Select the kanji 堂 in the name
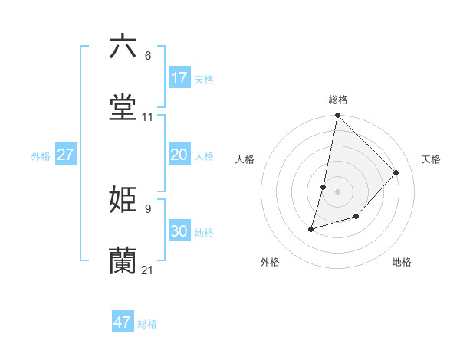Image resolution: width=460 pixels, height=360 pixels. point(123,107)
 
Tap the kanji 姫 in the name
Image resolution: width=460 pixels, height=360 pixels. point(123,199)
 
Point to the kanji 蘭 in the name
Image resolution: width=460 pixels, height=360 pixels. point(123,260)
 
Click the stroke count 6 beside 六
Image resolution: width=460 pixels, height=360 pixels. point(148,56)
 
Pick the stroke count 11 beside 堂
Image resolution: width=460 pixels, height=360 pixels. point(148,117)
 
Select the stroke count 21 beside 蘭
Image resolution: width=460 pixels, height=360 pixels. point(148,270)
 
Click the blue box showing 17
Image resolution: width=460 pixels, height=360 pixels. point(179,78)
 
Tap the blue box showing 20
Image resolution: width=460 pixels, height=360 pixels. point(179,155)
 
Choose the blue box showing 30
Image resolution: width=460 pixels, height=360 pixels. point(179,231)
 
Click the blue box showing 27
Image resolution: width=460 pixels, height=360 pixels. point(66,155)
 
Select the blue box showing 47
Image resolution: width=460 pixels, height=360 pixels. point(123,322)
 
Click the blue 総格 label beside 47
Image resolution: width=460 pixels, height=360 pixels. point(147,324)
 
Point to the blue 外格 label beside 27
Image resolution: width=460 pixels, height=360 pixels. point(41,156)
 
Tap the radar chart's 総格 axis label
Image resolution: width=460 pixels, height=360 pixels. point(338,100)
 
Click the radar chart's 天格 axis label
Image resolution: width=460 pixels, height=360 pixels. point(431,159)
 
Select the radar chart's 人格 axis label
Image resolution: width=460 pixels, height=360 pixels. point(245,159)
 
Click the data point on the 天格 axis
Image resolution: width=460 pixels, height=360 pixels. point(396,172)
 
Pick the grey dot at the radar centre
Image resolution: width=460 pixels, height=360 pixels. point(338,191)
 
